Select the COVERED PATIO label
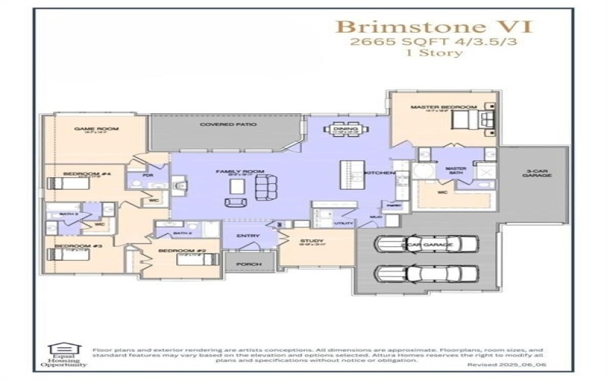pos(228,124)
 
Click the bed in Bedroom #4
pos(58,182)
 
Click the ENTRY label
pos(248,236)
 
